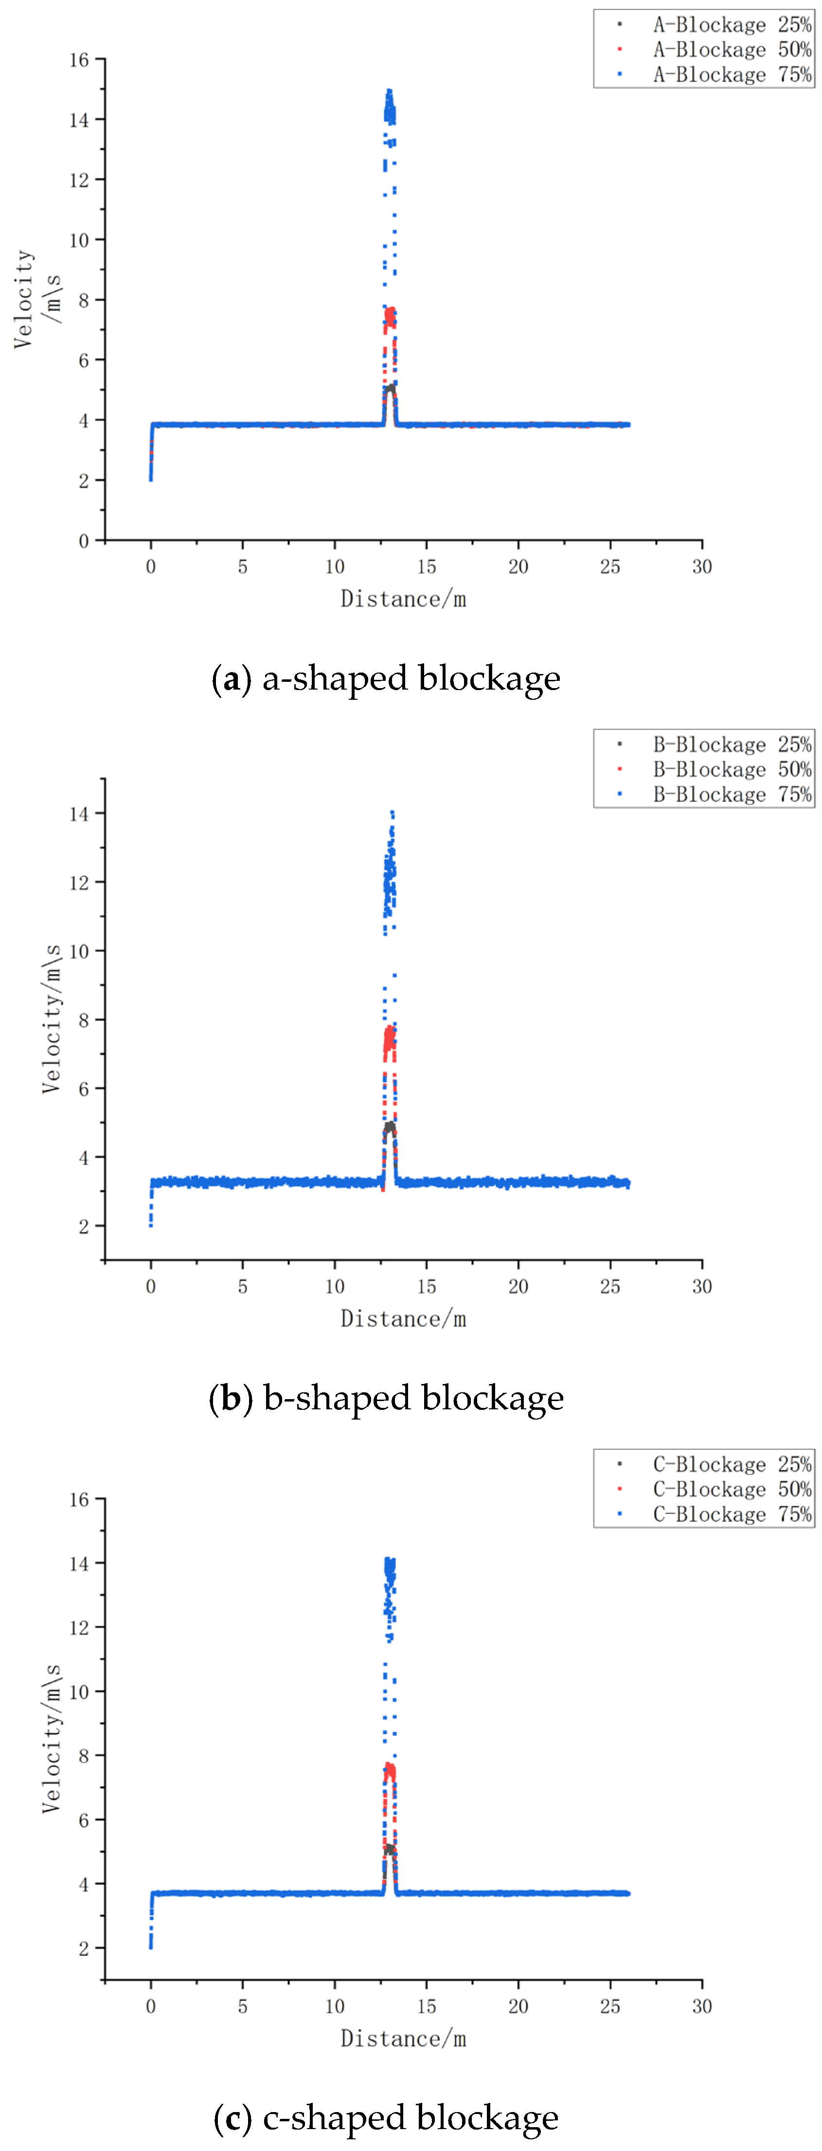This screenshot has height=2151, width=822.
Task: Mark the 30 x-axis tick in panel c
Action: point(702,2005)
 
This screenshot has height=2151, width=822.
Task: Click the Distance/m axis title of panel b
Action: point(403,1319)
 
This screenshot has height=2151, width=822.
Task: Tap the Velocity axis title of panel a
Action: point(25,298)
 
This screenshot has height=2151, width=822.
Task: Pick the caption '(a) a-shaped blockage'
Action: point(386,678)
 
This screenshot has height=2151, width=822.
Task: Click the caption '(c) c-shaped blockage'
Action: point(386,2117)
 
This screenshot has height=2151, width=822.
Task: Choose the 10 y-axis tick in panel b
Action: point(79,951)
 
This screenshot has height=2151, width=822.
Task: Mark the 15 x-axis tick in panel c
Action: point(427,2005)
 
